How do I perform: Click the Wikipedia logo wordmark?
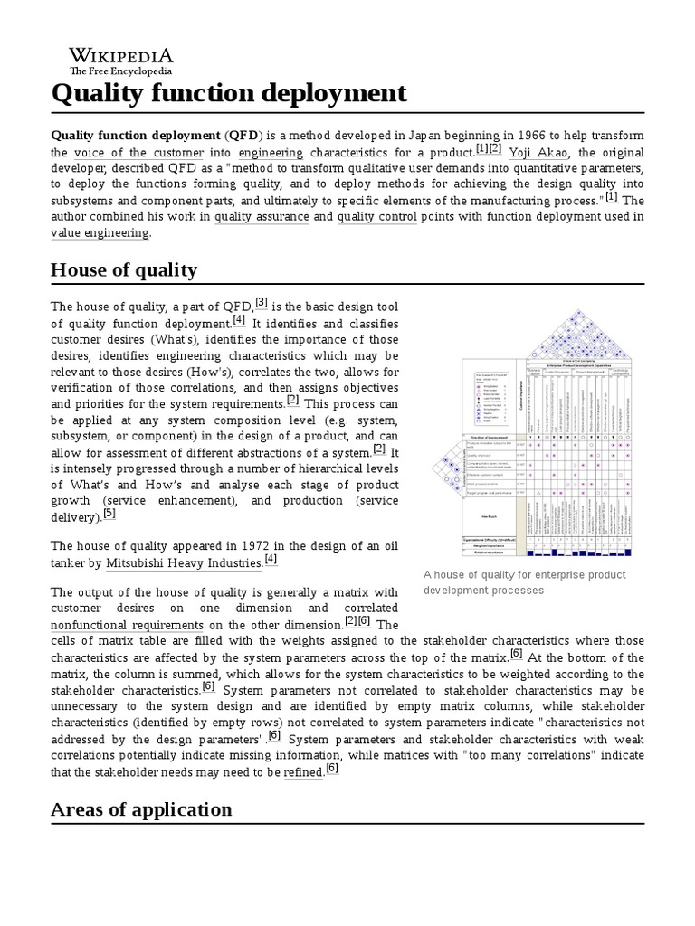click(x=121, y=54)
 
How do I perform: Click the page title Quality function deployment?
click(x=228, y=92)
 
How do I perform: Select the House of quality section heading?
click(x=123, y=269)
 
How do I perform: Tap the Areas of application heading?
click(x=141, y=808)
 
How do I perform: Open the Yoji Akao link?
click(x=539, y=153)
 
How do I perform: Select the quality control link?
click(x=376, y=217)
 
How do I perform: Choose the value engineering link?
click(x=100, y=233)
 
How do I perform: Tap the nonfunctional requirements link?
click(x=126, y=625)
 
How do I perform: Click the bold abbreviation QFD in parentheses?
click(x=243, y=136)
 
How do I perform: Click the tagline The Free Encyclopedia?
click(x=121, y=71)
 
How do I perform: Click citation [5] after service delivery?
click(x=109, y=514)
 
